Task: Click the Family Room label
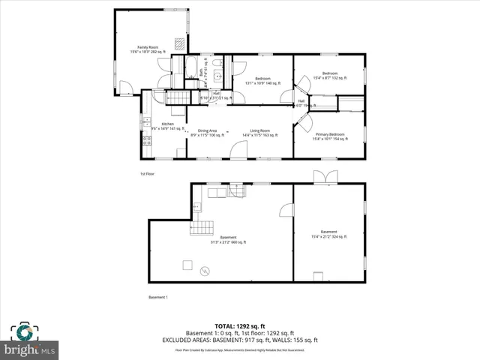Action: (x=137, y=50)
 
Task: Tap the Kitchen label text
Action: (x=167, y=125)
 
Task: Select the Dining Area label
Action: (x=202, y=133)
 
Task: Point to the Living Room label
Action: (x=259, y=133)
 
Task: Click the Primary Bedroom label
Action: (x=329, y=136)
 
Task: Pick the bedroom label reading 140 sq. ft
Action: (x=262, y=80)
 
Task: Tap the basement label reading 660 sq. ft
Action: (x=229, y=240)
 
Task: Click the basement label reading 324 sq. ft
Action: (x=328, y=233)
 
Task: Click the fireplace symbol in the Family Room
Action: (x=178, y=43)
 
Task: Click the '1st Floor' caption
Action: (x=147, y=174)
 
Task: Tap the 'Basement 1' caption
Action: (x=157, y=298)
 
